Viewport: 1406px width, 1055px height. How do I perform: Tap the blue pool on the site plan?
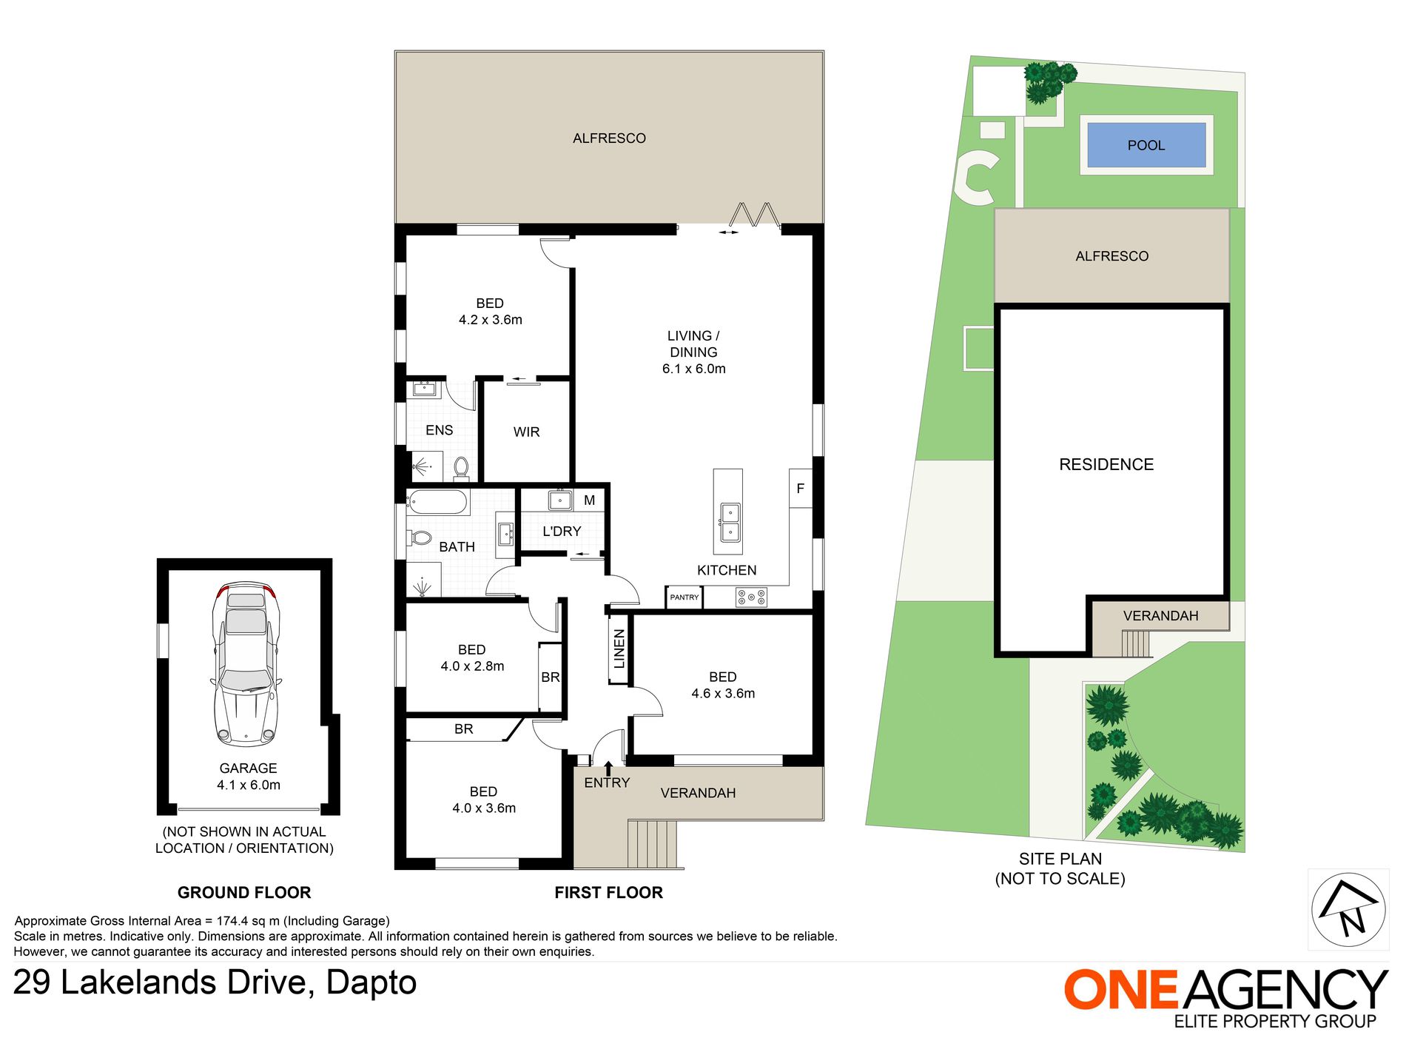(1146, 145)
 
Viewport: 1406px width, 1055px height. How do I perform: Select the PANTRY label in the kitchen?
(684, 597)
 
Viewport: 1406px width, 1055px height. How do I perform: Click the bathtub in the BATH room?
(437, 503)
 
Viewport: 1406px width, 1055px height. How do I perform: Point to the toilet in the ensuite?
(461, 468)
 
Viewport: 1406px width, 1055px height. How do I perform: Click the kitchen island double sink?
(730, 523)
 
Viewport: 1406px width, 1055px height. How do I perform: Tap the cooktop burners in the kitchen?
(751, 597)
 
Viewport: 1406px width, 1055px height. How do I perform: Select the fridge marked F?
(800, 489)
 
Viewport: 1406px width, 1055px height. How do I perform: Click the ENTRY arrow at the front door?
(608, 768)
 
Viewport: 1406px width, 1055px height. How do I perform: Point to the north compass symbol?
(1348, 909)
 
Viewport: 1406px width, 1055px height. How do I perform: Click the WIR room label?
(526, 432)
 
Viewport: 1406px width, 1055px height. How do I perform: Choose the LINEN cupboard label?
(619, 649)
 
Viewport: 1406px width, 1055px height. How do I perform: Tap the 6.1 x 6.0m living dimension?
(693, 369)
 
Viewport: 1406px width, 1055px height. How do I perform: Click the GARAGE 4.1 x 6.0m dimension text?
(249, 785)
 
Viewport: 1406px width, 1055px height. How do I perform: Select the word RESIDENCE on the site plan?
(1106, 464)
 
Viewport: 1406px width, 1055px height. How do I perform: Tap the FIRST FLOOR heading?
(608, 892)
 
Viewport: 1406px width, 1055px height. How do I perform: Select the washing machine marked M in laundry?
(589, 500)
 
